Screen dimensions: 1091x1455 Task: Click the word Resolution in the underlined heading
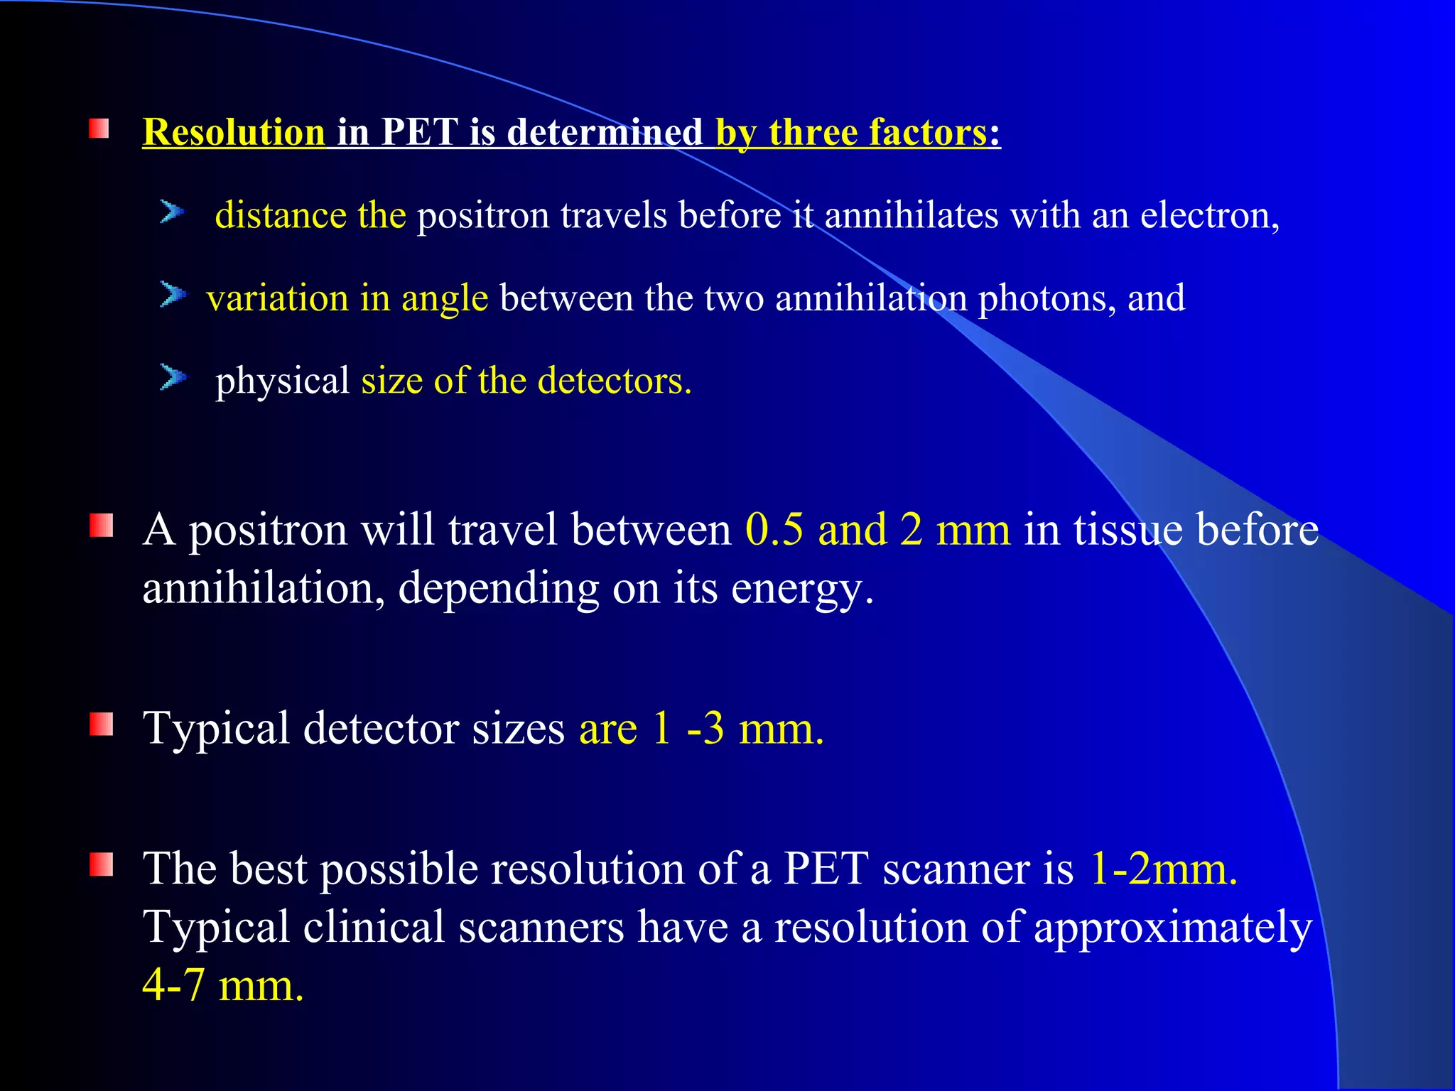tap(234, 133)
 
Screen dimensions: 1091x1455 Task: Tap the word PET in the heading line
tap(419, 133)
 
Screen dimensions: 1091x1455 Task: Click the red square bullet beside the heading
tap(99, 129)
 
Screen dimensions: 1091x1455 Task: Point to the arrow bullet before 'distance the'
tap(172, 212)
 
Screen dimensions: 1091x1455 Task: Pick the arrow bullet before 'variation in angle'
tap(172, 294)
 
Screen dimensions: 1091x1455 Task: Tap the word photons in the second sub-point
tap(1042, 298)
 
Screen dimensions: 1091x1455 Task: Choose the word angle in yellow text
tap(445, 298)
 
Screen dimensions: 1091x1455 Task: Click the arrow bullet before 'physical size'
tap(172, 376)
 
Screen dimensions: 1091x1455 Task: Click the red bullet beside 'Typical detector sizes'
tap(101, 724)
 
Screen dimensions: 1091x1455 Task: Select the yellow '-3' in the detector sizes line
tap(705, 729)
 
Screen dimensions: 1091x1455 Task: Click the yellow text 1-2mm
tap(1162, 869)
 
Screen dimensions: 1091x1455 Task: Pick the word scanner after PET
tap(956, 869)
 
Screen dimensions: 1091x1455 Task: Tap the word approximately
tap(1172, 928)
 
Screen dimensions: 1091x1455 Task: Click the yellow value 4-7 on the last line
tap(174, 986)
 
